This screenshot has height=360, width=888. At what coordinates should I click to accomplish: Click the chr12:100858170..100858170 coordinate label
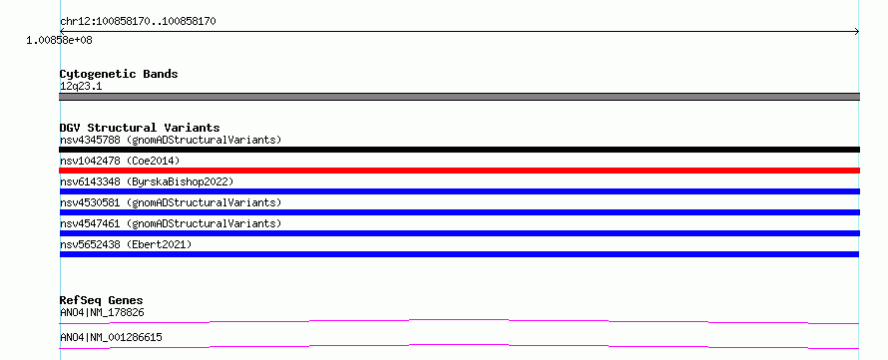tap(138, 22)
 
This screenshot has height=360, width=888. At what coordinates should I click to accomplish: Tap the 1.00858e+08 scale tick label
tap(60, 41)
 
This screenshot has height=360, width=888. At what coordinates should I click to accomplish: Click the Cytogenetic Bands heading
tap(119, 74)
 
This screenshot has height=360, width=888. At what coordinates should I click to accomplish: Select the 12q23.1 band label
tap(81, 87)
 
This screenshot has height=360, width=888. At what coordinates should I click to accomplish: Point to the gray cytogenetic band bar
tap(459, 97)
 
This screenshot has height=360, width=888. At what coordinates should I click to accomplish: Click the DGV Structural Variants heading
tap(140, 128)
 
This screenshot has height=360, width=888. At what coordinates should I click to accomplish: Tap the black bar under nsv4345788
tap(459, 150)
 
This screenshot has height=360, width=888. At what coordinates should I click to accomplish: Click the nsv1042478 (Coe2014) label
tap(120, 161)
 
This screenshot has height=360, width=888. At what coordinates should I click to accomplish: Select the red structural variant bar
tap(459, 171)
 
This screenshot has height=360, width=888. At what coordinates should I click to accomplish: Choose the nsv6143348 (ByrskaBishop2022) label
tap(147, 181)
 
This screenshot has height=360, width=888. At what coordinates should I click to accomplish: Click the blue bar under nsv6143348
tap(459, 191)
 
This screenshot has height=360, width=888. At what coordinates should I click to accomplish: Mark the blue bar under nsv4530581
tap(459, 212)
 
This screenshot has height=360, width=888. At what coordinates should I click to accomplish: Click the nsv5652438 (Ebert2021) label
tap(126, 244)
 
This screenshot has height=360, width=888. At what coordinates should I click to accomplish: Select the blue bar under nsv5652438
tap(459, 254)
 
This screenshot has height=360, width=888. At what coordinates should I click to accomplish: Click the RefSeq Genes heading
tap(102, 300)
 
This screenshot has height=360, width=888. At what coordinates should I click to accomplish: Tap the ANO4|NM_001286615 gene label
tap(111, 338)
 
